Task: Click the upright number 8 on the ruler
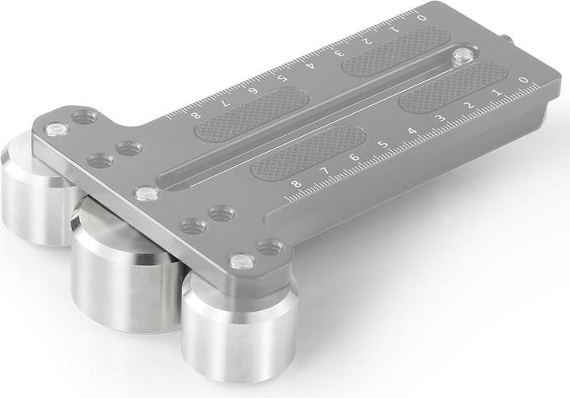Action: click(x=296, y=184)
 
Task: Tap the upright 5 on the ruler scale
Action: click(x=383, y=145)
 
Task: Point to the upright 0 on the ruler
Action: click(x=522, y=81)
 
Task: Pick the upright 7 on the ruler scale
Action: click(x=325, y=171)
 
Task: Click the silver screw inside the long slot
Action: click(x=462, y=55)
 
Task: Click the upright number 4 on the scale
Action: click(x=412, y=131)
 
